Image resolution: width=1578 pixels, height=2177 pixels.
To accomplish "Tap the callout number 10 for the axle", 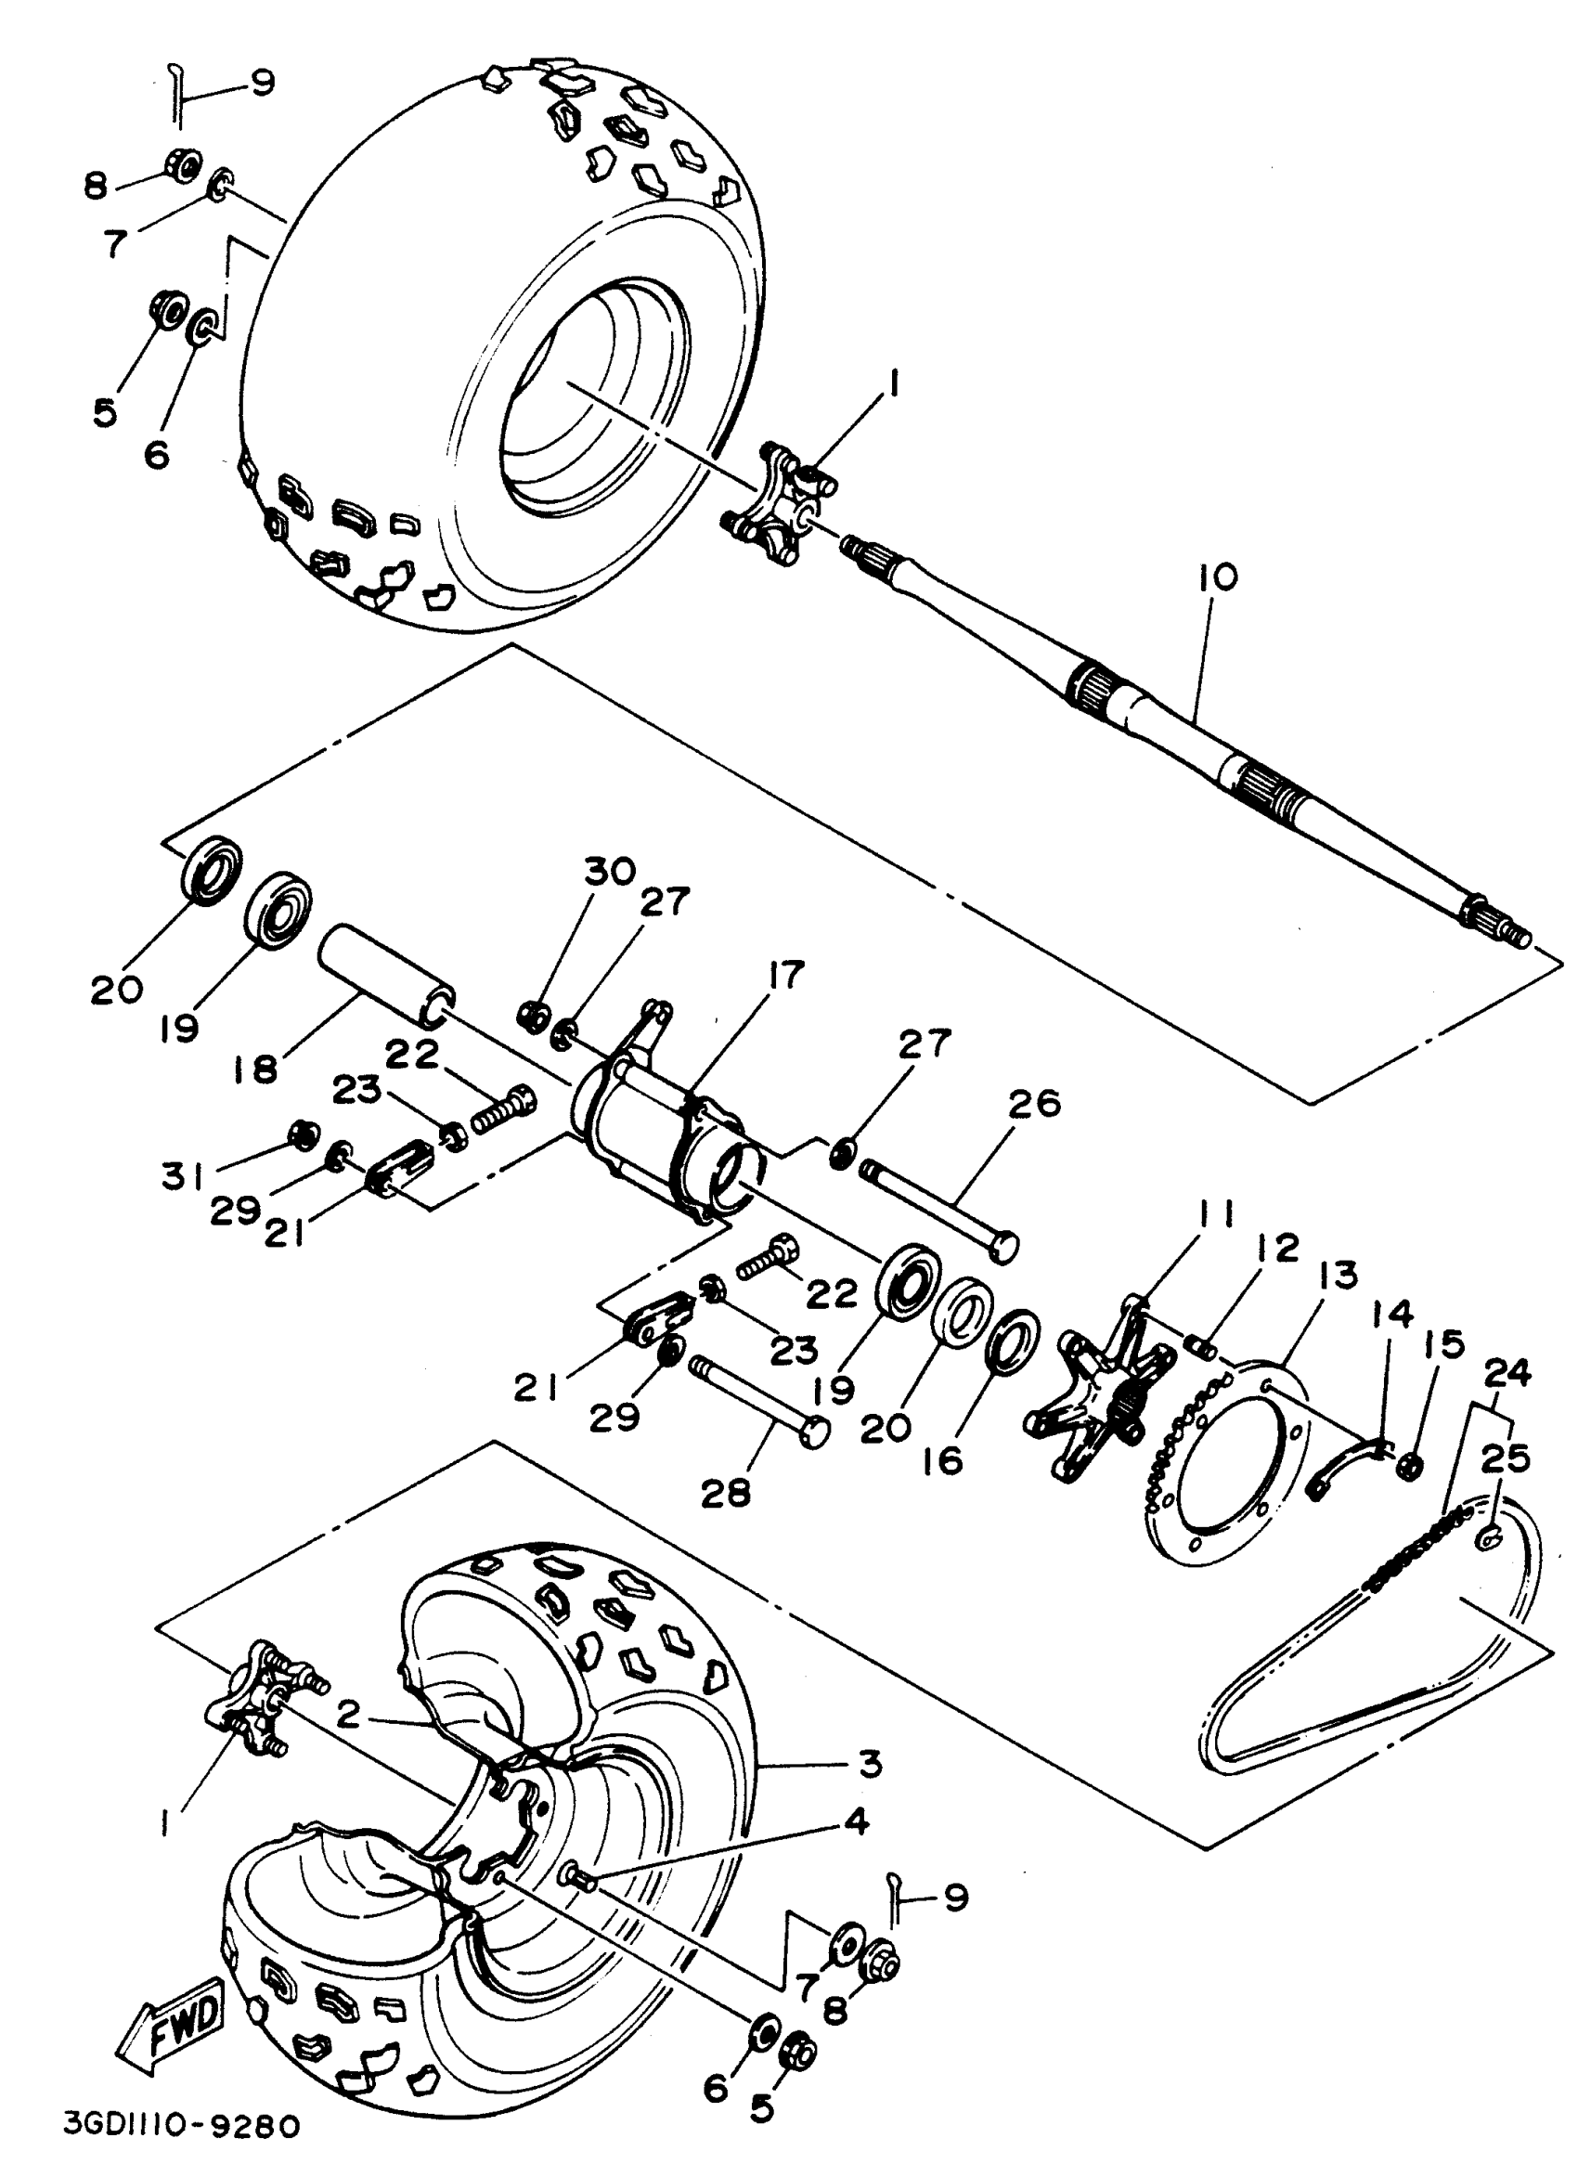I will [x=1216, y=578].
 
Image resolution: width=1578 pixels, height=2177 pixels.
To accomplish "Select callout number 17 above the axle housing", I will [x=785, y=977].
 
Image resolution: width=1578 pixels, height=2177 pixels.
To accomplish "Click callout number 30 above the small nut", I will [x=610, y=873].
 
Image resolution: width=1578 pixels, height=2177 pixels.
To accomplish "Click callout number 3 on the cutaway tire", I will [x=869, y=1763].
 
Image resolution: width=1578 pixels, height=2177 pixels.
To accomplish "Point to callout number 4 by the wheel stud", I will [x=855, y=1820].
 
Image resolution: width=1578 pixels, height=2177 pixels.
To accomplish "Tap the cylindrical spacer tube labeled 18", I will [x=384, y=988].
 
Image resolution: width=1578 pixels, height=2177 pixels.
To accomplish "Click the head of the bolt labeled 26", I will [x=1002, y=1246].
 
